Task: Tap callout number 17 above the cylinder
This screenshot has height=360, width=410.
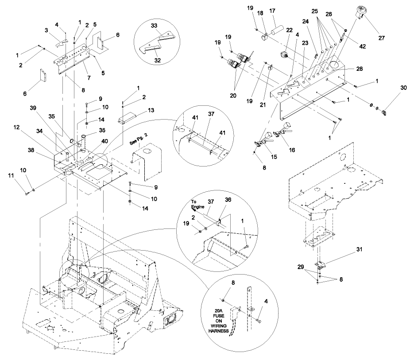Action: [x=284, y=11]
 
